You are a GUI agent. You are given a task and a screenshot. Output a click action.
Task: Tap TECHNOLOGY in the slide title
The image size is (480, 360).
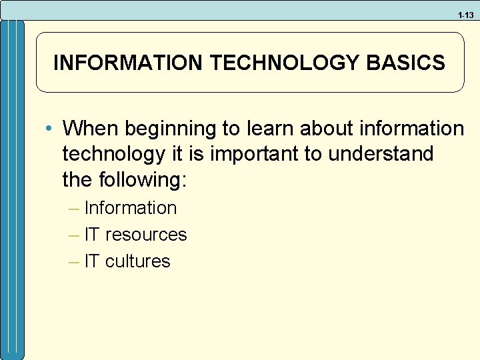[285, 63]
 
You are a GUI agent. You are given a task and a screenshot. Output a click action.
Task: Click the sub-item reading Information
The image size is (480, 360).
[131, 208]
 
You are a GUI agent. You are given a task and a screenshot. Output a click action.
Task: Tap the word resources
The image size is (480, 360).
[146, 235]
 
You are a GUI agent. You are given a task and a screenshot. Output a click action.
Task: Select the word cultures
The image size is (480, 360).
[138, 261]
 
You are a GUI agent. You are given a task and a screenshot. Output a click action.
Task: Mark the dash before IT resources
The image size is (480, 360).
[75, 235]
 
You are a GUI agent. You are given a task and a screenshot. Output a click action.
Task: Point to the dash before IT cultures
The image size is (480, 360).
[75, 261]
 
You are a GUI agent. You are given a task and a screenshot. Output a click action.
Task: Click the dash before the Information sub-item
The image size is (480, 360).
[75, 208]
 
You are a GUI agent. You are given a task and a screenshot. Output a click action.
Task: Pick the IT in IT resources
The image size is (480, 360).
[93, 235]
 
